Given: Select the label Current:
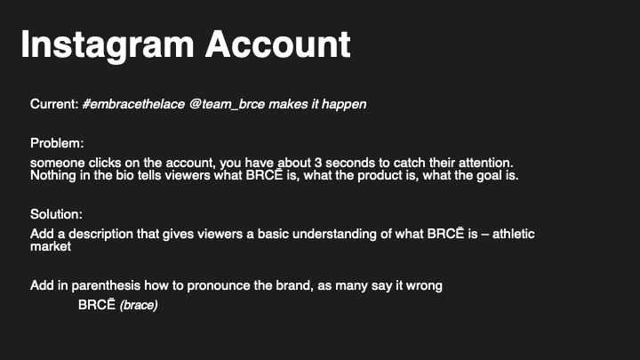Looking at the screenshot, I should [x=54, y=104].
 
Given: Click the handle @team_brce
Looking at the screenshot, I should [x=226, y=104].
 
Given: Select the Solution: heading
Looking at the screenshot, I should [x=56, y=215].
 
